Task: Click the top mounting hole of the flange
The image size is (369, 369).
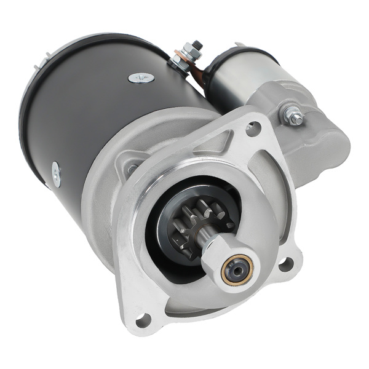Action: tap(252, 129)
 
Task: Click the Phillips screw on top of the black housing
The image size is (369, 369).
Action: tap(141, 77)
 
